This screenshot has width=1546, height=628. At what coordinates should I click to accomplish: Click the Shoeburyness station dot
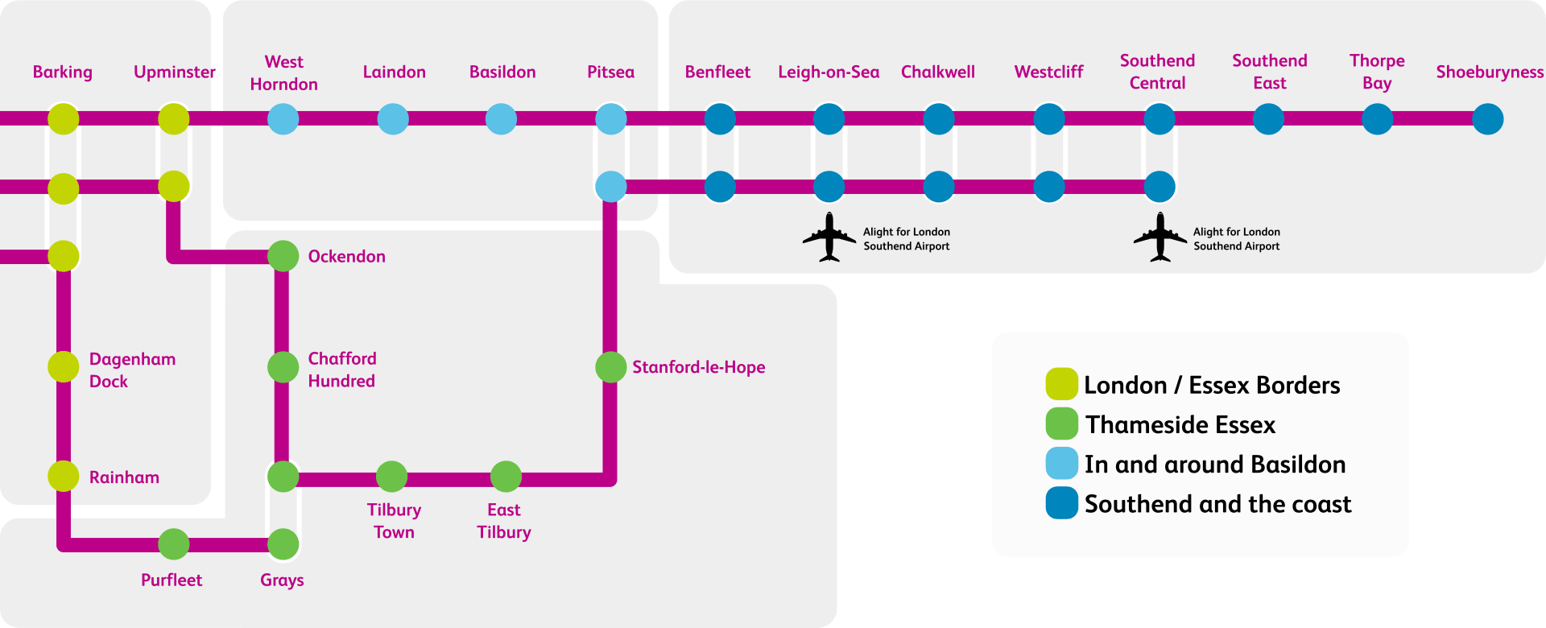coord(1487,119)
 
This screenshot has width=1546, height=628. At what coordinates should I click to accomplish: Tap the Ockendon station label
coord(346,256)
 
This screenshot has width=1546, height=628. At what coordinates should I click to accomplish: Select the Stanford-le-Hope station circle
coord(610,367)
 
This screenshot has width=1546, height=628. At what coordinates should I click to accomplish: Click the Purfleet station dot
coord(173,544)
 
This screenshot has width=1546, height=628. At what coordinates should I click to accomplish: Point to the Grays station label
coord(282,580)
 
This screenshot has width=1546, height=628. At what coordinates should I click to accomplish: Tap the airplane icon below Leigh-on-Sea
coord(829,237)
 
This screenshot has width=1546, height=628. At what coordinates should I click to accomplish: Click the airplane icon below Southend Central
coord(1159,237)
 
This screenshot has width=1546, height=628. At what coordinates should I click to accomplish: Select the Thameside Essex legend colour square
coord(1061,423)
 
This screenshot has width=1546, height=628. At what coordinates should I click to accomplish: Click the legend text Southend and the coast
coord(1217,504)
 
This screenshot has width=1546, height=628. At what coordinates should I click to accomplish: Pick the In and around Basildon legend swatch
coord(1061,463)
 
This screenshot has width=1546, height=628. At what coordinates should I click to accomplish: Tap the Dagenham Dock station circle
coord(63,367)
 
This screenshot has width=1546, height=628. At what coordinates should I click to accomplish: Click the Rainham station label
coord(124,477)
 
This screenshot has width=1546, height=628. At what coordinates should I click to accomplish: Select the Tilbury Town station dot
coord(391,477)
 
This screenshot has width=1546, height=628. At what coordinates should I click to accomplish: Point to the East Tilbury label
coord(503,521)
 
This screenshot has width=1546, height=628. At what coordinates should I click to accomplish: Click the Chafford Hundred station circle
coord(283,367)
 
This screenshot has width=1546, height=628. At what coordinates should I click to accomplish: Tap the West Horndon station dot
coord(283,119)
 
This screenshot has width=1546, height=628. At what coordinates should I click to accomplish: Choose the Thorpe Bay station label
coord(1376,72)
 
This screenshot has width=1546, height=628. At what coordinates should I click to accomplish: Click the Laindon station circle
coord(393,119)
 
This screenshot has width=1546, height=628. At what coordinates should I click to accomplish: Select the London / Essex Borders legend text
coord(1211,385)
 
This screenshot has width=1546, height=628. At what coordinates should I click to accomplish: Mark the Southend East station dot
coord(1268,119)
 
